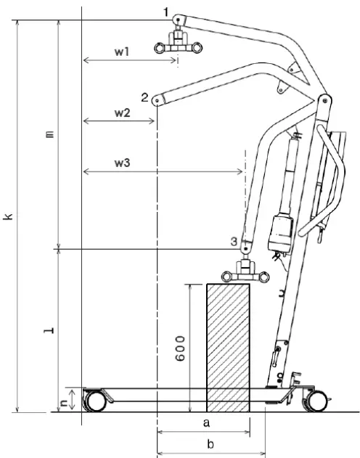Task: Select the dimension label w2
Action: coord(122,113)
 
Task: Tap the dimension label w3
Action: coord(122,163)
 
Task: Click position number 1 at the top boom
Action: coord(166,12)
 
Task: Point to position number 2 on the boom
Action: coord(144,97)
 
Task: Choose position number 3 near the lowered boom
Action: coord(233,240)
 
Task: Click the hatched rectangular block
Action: coord(228,347)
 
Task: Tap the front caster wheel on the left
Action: coord(94,401)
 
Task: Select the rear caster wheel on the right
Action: coord(316,401)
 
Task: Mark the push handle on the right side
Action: coord(332,182)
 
